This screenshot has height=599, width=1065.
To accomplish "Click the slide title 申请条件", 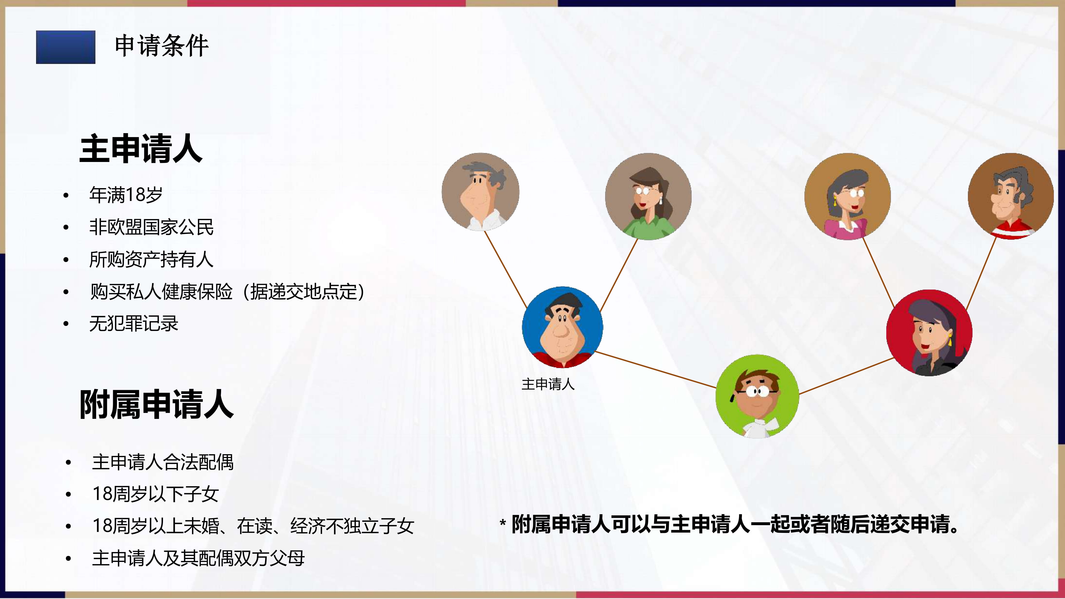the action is (162, 46).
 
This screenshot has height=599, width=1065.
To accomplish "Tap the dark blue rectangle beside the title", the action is (66, 47).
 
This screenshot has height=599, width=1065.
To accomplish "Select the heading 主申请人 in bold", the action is (141, 149).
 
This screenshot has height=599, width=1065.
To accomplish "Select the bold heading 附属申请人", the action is (157, 404).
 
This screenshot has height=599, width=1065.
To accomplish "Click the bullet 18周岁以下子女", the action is (155, 494).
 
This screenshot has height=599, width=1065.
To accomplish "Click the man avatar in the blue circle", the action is (562, 327).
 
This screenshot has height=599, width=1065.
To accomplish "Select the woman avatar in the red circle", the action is (929, 333).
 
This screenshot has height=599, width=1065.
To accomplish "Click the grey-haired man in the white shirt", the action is (480, 192).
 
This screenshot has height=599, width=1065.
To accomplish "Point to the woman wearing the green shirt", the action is (648, 196).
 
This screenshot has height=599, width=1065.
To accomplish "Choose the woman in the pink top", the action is (848, 196).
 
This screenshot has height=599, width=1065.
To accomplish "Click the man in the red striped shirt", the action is (1011, 196).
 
